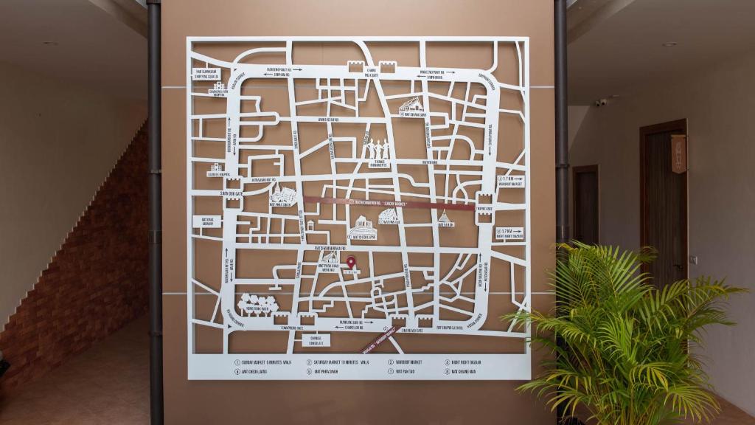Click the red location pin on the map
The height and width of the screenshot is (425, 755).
[351, 263]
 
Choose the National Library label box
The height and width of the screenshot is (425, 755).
[207, 221]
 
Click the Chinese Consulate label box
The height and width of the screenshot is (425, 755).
[316, 340]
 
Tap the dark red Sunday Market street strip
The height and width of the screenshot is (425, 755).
[376, 202]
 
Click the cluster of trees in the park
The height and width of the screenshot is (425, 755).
[257, 303]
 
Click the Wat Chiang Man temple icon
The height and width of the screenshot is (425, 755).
[411, 106]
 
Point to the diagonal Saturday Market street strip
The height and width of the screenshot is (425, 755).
[380, 339]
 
